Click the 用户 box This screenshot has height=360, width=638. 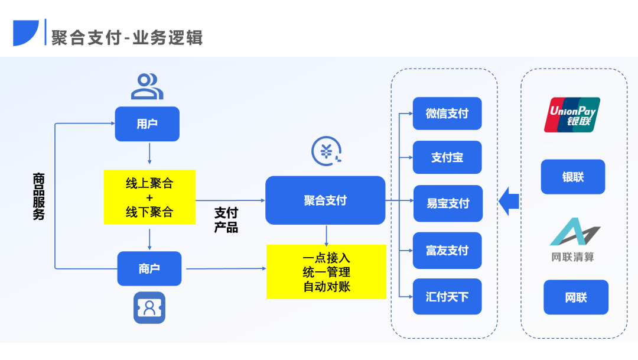147,124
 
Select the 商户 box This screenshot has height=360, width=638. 149,269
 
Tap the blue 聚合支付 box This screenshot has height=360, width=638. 325,200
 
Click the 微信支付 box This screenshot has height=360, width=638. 447,113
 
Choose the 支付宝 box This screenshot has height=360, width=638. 447,157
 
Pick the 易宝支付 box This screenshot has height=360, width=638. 447,203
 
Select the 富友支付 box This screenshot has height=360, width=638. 447,250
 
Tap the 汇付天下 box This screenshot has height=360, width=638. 447,296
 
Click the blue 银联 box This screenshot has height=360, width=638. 573,177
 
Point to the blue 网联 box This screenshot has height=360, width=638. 576,297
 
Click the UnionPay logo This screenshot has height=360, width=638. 572,114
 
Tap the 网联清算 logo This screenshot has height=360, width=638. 573,239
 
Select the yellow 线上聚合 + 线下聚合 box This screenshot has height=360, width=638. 149,197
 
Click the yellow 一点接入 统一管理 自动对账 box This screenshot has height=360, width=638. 326,272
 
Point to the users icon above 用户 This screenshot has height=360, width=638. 147,86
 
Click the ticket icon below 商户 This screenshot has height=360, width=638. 149,307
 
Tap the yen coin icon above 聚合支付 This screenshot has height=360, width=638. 327,151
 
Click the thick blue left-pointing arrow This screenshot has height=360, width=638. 509,202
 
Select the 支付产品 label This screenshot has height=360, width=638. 226,220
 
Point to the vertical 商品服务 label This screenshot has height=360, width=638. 38,197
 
